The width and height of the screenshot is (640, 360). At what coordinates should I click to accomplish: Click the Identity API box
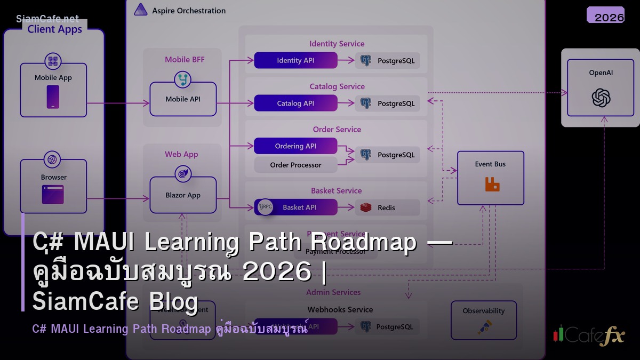295,60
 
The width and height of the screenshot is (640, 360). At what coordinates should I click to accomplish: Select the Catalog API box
295,103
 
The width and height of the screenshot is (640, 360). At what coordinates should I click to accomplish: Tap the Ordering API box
295,146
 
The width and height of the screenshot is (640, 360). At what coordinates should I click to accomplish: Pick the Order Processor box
295,165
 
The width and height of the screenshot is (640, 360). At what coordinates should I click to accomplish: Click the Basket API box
299,207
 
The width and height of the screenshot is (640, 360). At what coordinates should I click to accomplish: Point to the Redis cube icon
366,207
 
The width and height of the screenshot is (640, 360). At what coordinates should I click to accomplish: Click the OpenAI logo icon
601,98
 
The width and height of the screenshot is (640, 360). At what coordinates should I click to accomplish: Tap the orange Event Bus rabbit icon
492,185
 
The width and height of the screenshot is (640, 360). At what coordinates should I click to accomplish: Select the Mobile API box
183,99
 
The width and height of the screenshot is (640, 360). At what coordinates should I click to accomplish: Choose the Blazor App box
183,195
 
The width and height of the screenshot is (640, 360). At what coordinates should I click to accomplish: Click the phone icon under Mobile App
53,97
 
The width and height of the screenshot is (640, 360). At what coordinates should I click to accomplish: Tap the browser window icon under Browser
53,195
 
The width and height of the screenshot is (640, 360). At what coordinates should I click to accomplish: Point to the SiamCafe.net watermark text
47,19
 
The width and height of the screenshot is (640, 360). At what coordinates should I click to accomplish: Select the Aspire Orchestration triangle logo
140,10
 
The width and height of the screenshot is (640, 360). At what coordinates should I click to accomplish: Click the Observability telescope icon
485,326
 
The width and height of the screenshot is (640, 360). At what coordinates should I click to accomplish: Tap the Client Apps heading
55,29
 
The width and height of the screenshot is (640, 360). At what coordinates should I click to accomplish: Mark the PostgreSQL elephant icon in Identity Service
365,60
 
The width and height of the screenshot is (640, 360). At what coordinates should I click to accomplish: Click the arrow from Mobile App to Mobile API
118,103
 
